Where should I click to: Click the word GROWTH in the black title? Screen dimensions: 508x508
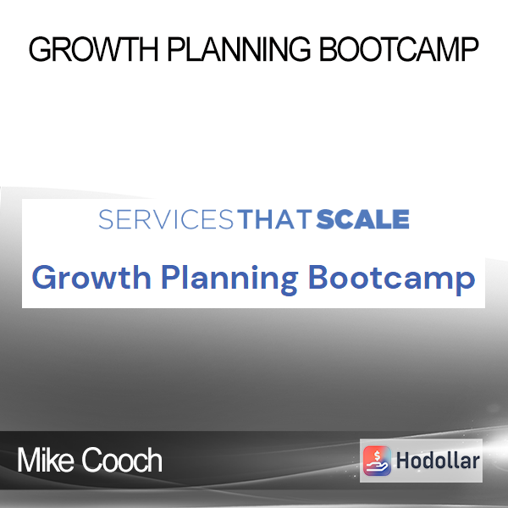93,49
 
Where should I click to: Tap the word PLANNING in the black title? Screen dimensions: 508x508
239,49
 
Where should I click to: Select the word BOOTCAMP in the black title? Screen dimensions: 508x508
399,49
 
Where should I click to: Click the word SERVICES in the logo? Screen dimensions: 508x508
166,219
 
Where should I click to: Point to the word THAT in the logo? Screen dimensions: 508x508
274,219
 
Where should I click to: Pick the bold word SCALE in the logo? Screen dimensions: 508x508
363,219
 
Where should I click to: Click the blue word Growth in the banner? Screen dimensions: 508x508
91,278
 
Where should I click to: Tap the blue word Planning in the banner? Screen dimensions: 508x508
229,279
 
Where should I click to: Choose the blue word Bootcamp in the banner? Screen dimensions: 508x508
392,279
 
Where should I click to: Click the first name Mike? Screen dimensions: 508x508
46,460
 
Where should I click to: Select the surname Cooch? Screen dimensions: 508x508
121,460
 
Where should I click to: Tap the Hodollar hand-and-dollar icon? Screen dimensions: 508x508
377,461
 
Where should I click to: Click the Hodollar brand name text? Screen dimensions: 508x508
438,461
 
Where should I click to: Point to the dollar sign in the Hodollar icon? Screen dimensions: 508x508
377,456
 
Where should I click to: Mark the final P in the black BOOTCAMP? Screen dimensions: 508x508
470,49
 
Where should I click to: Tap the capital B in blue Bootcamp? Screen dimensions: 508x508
317,278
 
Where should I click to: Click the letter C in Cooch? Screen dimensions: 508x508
91,460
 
